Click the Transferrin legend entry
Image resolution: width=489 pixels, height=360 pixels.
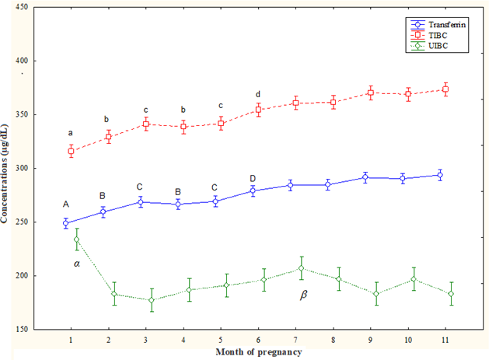(442, 25)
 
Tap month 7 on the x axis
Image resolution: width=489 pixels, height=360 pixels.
(295, 340)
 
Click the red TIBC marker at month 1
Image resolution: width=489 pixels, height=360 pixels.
(72, 152)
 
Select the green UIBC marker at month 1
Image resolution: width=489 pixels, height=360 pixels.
(76, 239)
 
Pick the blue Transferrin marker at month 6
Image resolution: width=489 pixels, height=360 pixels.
(253, 190)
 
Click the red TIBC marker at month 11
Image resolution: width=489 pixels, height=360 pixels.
(445, 89)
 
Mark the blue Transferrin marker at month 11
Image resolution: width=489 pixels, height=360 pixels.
(440, 175)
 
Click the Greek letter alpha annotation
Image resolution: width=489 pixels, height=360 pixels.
(77, 264)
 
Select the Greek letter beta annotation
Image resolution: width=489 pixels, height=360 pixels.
(304, 295)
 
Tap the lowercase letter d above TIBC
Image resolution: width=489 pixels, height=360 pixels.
(258, 95)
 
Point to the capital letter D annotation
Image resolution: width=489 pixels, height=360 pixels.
(252, 178)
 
